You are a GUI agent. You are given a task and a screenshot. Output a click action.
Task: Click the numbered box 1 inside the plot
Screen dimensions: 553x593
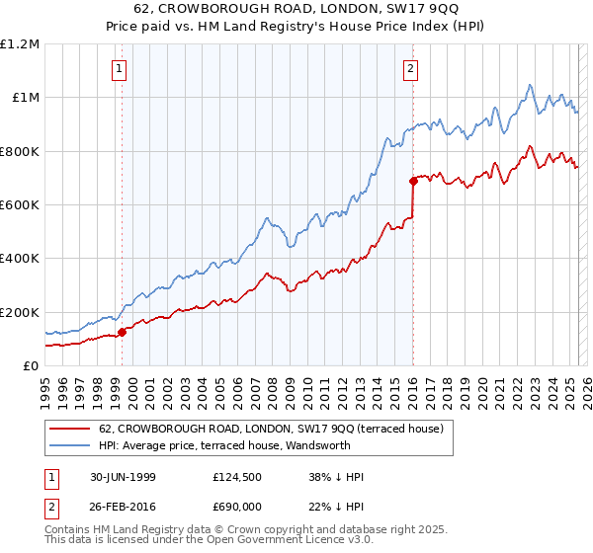click(119, 68)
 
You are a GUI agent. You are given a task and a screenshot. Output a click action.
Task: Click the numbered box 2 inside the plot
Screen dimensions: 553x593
click(410, 68)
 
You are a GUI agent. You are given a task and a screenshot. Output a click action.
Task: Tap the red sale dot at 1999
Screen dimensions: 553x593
click(123, 332)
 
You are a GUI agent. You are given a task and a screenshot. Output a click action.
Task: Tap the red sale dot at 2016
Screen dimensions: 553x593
click(413, 181)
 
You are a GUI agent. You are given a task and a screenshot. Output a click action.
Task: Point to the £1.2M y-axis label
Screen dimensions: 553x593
click(20, 44)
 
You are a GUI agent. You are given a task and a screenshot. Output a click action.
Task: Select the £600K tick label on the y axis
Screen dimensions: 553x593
click(20, 204)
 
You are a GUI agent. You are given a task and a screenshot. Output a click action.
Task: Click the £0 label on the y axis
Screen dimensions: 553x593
click(30, 365)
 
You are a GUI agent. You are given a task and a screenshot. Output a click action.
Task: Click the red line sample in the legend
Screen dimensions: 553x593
click(69, 429)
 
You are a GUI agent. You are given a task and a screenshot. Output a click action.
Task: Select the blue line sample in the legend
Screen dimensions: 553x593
click(69, 445)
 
